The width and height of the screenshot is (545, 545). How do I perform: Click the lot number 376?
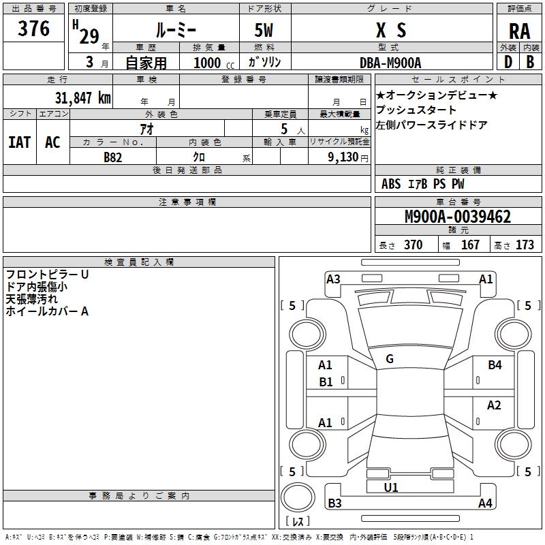pos(34,29)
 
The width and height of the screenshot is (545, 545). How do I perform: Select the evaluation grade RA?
pos(519,31)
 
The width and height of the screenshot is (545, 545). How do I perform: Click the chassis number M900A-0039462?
pos(457,217)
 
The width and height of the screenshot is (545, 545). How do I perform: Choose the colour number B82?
pos(112,157)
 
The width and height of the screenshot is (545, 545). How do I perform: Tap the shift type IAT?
pos(19,142)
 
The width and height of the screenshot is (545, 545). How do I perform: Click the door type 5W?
pos(264,31)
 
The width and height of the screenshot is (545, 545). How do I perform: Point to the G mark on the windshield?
pos(389,359)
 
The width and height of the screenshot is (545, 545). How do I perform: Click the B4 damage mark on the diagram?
pos(495,365)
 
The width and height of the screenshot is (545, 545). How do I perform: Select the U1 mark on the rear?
pos(391,487)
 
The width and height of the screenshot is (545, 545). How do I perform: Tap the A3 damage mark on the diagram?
pos(333,279)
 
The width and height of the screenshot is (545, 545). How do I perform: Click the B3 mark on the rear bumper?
pos(335,503)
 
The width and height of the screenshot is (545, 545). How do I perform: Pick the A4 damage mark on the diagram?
pos(485,503)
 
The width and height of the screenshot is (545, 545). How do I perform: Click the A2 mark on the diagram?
pos(494,405)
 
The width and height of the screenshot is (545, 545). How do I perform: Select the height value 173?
pos(525,245)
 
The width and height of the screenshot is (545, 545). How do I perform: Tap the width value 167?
pos(470,245)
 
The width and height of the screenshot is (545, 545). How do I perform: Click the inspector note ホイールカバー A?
pos(47,311)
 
